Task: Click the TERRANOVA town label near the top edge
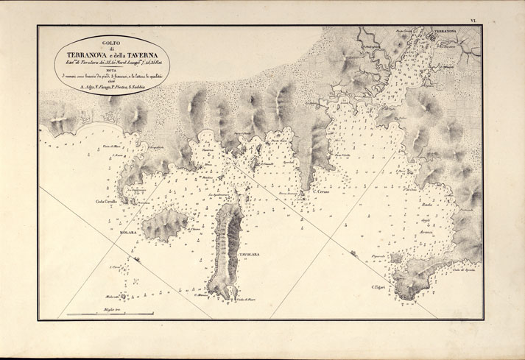[445, 32]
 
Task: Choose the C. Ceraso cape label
[323, 194]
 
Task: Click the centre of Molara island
[164, 225]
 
